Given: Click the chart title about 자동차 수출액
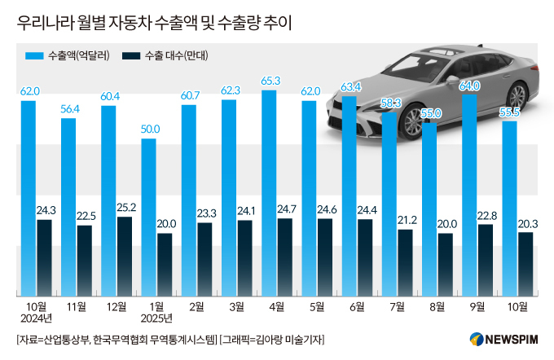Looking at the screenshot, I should point(155,25).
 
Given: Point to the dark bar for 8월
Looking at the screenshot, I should point(445,265).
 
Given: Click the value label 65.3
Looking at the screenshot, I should point(270,81).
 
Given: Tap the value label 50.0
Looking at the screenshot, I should point(150,129).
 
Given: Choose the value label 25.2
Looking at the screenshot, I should point(126,207).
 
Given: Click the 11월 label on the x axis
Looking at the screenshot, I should point(77,306).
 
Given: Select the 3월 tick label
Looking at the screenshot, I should point(236,306).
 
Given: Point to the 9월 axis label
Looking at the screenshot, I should point(477,306).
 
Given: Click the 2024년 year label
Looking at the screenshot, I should point(37,318).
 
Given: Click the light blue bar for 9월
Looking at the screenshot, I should point(469,195).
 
